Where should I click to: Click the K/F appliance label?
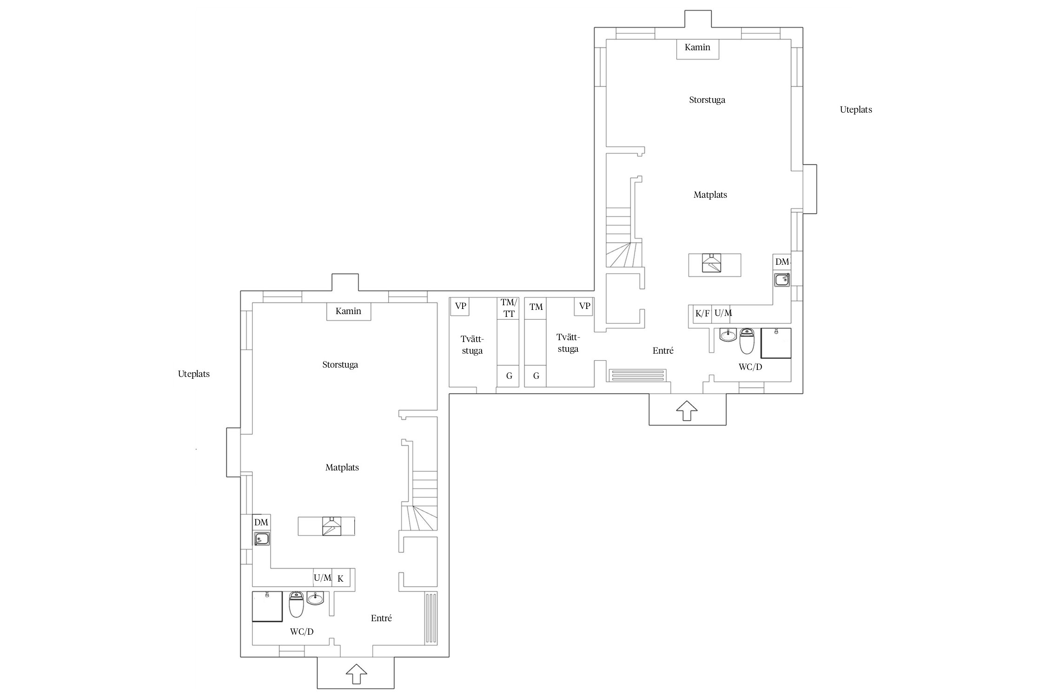[x=702, y=314]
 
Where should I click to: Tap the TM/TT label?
[x=509, y=308]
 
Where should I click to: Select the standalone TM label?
[x=536, y=307]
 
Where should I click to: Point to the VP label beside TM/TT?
[x=460, y=306]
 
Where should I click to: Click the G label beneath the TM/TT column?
[x=509, y=376]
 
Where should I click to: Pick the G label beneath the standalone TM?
[x=536, y=376]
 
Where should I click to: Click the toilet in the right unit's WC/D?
[x=747, y=341]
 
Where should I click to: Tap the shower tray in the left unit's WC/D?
[x=267, y=606]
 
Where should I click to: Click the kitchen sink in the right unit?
[x=782, y=280]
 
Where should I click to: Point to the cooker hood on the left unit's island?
[x=331, y=526]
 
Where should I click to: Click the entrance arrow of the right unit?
[x=687, y=410]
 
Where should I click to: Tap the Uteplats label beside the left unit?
[x=194, y=374]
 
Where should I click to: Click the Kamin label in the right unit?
[x=697, y=47]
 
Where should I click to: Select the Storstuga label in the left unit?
[x=340, y=365]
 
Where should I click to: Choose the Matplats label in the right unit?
[x=710, y=195]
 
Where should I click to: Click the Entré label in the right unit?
[x=663, y=350]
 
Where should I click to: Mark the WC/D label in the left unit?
[x=302, y=631]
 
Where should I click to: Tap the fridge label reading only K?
[x=340, y=579]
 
